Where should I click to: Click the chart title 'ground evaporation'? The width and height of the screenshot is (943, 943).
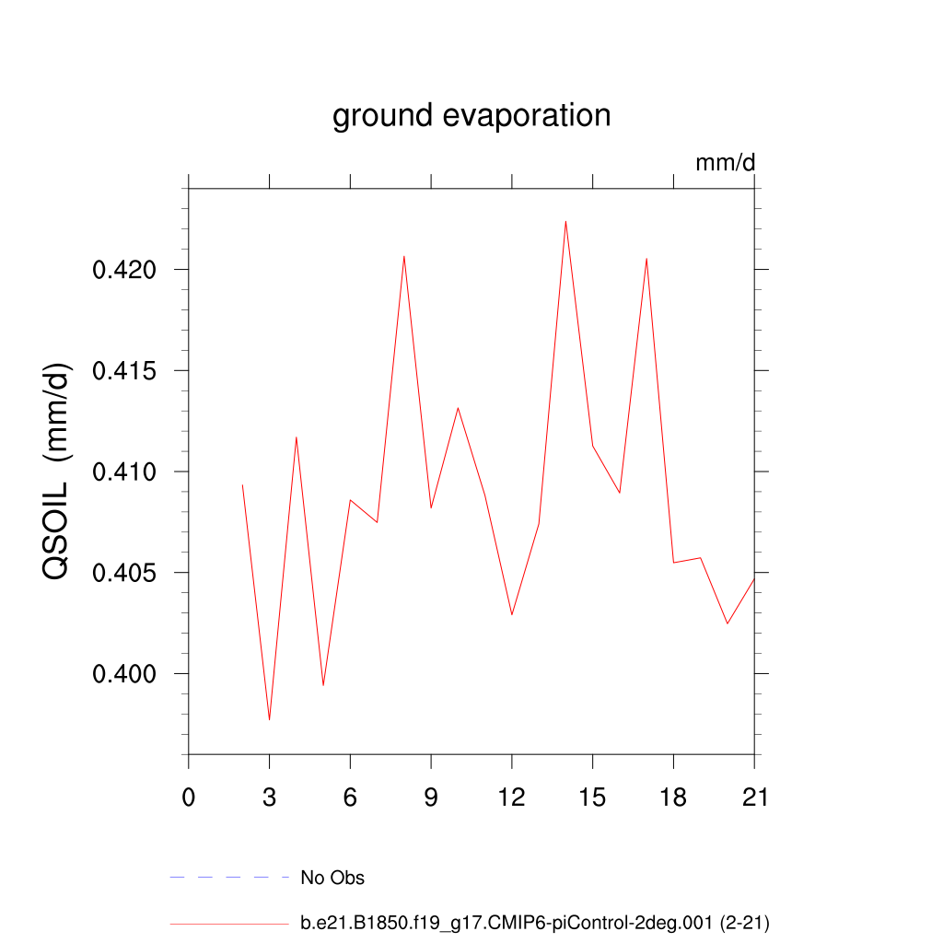[x=471, y=116]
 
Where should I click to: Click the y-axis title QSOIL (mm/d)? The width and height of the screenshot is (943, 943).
[x=57, y=471]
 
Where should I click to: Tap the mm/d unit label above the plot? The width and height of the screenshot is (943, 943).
[x=725, y=163]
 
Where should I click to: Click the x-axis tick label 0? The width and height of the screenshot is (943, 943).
[x=189, y=797]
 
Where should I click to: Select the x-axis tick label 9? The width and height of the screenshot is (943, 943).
[x=431, y=797]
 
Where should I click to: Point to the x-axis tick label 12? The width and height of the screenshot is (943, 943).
[x=512, y=797]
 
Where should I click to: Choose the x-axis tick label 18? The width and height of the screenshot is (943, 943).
[x=673, y=797]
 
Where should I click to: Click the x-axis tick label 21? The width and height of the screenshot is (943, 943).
[x=754, y=797]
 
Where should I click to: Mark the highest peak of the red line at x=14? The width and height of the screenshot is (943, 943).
[x=565, y=221]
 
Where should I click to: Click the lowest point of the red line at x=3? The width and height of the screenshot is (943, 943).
[x=269, y=719]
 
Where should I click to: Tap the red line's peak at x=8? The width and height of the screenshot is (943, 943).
[x=404, y=256]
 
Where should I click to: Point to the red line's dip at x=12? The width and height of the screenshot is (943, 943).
[x=512, y=614]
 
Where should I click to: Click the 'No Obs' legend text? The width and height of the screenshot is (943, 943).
[x=332, y=878]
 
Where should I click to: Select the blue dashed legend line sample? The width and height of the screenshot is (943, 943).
[x=229, y=878]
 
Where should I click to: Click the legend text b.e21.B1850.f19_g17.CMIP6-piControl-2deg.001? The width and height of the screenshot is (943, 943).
[x=534, y=923]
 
